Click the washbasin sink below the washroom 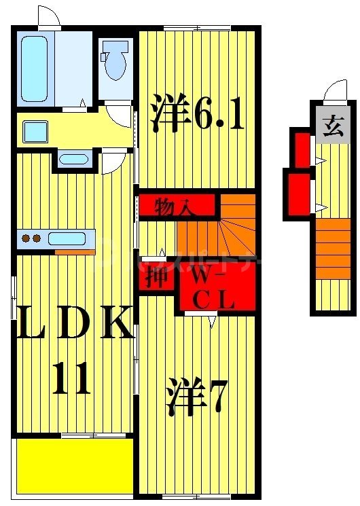click(73, 160)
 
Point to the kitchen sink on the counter click(67, 238)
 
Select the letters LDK click(75, 325)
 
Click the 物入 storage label click(173, 204)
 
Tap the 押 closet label click(157, 279)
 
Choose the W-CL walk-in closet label click(213, 289)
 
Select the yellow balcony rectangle click(73, 465)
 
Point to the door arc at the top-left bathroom click(48, 16)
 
